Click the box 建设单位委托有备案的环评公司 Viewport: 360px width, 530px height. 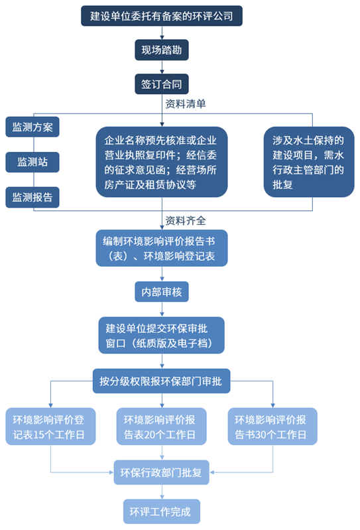pos(161,15)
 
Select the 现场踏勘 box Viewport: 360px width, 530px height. pos(161,50)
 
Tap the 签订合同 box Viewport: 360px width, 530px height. pos(161,84)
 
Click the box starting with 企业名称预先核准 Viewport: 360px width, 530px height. pos(161,163)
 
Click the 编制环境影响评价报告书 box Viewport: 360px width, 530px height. pos(161,248)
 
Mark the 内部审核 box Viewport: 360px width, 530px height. pos(161,291)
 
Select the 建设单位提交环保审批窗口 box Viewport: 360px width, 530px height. pos(161,335)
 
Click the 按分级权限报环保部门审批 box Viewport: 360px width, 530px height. pos(161,381)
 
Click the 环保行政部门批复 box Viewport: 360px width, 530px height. pos(161,473)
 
